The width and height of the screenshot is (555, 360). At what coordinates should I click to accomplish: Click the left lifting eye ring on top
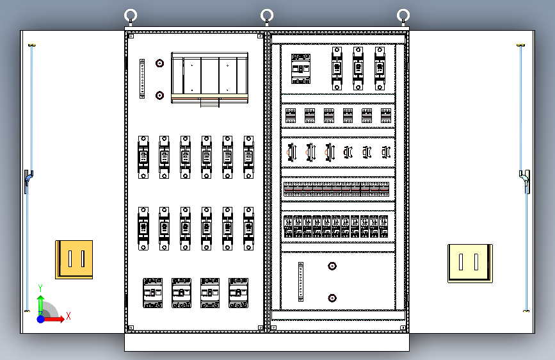coord(131,15)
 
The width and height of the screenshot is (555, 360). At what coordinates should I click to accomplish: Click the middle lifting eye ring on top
coord(267,15)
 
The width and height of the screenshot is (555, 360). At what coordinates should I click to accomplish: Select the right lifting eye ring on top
coord(403,15)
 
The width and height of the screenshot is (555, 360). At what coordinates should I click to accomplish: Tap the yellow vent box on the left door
coord(74,259)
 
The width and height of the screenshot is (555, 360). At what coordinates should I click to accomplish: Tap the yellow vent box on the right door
coord(470,263)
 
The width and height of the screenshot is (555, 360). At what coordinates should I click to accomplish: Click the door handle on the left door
coord(28,181)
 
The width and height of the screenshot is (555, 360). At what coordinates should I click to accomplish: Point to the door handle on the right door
coord(526,181)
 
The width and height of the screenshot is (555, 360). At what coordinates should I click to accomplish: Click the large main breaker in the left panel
coord(209,78)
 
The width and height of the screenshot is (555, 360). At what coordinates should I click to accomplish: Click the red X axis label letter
coord(68,316)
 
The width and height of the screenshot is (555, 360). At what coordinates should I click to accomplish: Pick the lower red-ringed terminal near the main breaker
coord(159,95)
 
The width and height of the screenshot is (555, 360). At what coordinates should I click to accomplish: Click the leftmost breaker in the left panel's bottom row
coord(153,293)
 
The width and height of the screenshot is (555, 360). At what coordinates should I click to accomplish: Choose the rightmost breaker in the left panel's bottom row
coord(238,293)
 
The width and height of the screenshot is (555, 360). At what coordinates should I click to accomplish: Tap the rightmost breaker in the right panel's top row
coord(380,67)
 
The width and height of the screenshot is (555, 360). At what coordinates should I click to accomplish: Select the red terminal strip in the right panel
coord(338,189)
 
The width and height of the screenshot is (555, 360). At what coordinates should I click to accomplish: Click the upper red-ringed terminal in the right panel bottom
coord(332,266)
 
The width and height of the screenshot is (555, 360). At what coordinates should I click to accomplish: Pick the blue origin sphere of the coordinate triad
coord(40,318)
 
